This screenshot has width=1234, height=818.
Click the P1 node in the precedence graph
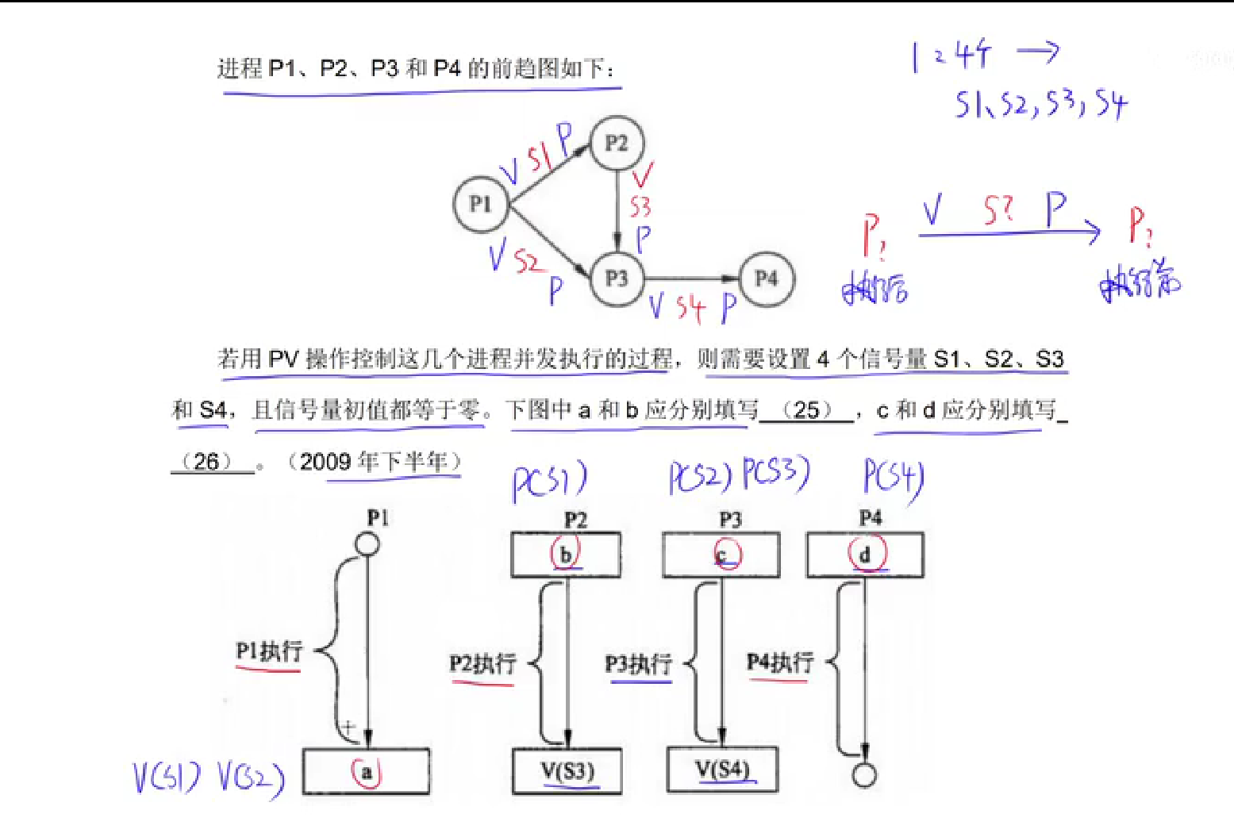click(x=480, y=204)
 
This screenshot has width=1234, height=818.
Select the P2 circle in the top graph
click(x=617, y=144)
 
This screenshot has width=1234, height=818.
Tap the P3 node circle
click(x=617, y=278)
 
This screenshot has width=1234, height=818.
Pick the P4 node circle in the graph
click(x=766, y=278)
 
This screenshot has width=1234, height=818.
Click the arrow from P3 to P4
click(x=690, y=278)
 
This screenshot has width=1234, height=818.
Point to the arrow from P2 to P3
click(x=617, y=210)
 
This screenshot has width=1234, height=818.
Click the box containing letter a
click(x=366, y=771)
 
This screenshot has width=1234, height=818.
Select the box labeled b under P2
click(x=566, y=555)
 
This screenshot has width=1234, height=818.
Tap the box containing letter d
click(x=865, y=555)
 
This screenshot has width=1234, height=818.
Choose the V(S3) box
click(x=567, y=770)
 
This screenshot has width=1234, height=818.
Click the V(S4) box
click(x=722, y=770)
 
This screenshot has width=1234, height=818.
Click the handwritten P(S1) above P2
click(x=549, y=481)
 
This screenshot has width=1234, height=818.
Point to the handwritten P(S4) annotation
click(x=894, y=479)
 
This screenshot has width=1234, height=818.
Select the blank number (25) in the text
click(x=806, y=410)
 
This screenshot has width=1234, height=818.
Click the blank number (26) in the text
click(x=206, y=461)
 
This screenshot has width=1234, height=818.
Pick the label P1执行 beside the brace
click(x=269, y=651)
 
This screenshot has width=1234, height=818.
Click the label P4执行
click(x=780, y=662)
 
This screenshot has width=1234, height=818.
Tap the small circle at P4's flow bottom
click(x=864, y=775)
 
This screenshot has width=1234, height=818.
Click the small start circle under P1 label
click(x=367, y=544)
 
